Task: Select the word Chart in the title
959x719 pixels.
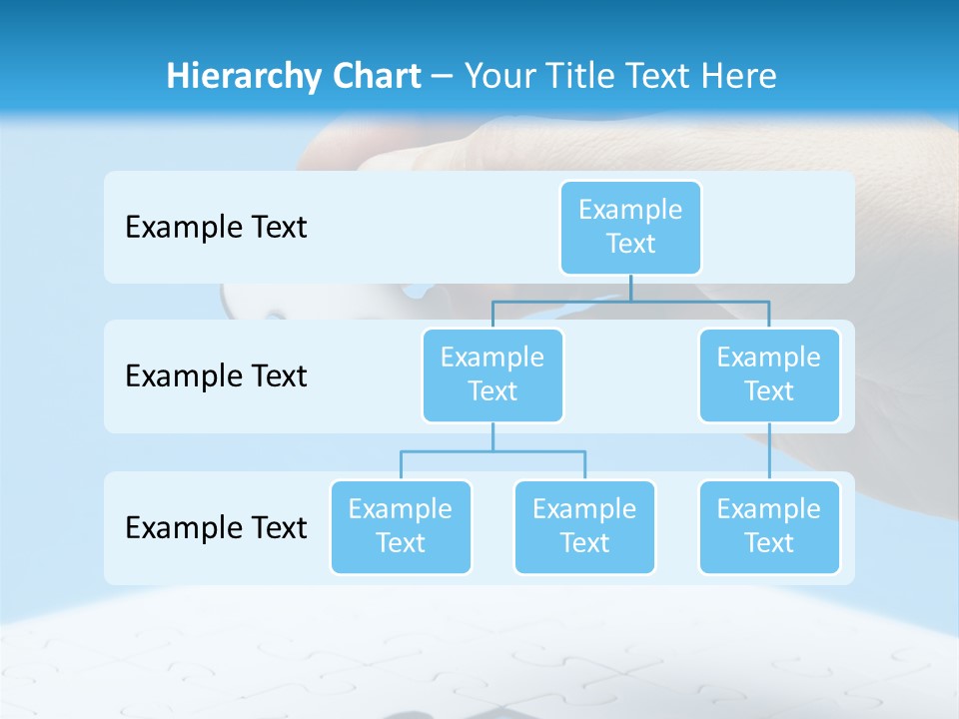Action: click(373, 77)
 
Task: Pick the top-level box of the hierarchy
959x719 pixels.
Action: click(630, 228)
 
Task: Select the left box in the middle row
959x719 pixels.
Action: click(492, 375)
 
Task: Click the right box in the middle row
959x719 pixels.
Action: click(769, 375)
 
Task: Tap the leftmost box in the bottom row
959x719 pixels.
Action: click(401, 527)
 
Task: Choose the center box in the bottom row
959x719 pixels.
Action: click(584, 527)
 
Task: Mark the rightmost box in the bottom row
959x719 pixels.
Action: click(769, 527)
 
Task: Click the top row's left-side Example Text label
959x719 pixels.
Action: click(216, 228)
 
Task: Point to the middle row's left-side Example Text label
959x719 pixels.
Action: click(216, 376)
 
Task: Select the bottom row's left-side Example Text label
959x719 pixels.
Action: click(216, 527)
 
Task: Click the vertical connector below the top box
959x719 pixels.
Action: click(630, 288)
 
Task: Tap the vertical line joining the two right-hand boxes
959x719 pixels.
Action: click(769, 451)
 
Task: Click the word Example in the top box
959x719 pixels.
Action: click(630, 210)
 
